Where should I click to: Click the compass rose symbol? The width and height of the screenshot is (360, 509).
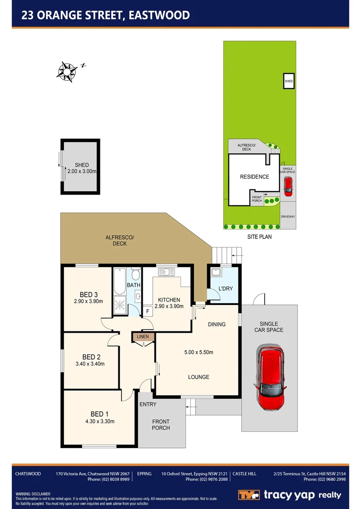click(x=67, y=72)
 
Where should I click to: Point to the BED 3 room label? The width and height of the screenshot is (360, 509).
click(x=89, y=295)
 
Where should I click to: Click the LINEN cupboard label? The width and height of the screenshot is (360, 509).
click(x=143, y=337)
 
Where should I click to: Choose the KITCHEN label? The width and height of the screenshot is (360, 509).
click(x=169, y=300)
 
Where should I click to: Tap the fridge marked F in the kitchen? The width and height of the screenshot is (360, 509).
click(x=147, y=311)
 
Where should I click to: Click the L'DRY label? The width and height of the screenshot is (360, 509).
click(x=225, y=288)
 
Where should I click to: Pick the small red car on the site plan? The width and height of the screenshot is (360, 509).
click(x=287, y=187)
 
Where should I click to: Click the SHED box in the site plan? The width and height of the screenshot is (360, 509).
click(x=288, y=81)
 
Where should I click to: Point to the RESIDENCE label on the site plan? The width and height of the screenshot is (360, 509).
click(x=254, y=177)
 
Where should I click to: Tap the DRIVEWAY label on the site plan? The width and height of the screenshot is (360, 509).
click(x=287, y=217)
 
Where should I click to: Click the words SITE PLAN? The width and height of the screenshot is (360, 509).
click(x=259, y=237)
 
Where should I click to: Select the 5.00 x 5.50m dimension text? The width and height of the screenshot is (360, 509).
click(x=198, y=352)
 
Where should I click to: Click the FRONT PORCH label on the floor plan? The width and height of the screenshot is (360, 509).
click(x=161, y=425)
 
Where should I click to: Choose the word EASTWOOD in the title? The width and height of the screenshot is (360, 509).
click(x=162, y=15)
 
